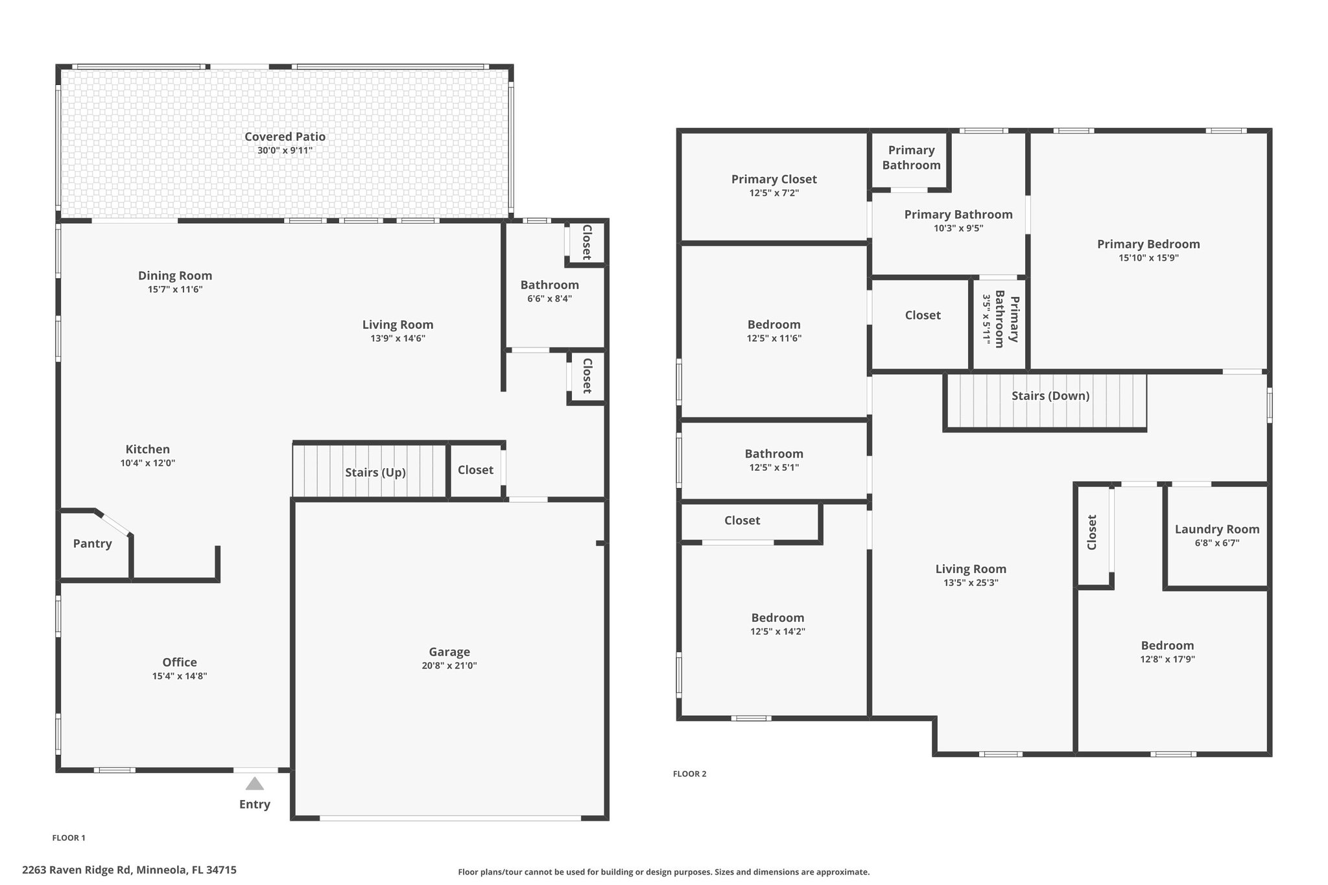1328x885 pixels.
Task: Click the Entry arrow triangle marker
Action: pyautogui.click(x=255, y=784)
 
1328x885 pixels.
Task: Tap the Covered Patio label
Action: pyautogui.click(x=285, y=137)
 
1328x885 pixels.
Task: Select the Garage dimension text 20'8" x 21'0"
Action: pyautogui.click(x=449, y=666)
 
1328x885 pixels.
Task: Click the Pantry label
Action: pyautogui.click(x=93, y=544)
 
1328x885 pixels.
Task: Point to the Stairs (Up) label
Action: pyautogui.click(x=375, y=473)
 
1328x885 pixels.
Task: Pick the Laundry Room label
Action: pyautogui.click(x=1217, y=530)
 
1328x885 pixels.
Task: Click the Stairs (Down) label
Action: pyautogui.click(x=1050, y=395)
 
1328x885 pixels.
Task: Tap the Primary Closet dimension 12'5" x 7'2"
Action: pyautogui.click(x=774, y=193)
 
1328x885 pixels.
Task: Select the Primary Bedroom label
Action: pyautogui.click(x=1148, y=244)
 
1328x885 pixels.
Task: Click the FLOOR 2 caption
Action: pyautogui.click(x=690, y=773)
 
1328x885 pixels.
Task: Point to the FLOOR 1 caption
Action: pyautogui.click(x=69, y=838)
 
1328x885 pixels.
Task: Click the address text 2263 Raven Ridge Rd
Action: pyautogui.click(x=77, y=870)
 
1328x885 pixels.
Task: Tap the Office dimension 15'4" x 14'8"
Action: pyautogui.click(x=180, y=676)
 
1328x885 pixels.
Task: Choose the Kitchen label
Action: pyautogui.click(x=148, y=449)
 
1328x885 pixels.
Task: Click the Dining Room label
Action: pyautogui.click(x=175, y=276)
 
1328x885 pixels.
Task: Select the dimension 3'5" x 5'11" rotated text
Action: pyautogui.click(x=987, y=318)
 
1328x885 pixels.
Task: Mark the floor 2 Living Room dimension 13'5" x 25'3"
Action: pyautogui.click(x=971, y=583)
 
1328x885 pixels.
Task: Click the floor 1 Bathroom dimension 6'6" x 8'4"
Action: pyautogui.click(x=550, y=299)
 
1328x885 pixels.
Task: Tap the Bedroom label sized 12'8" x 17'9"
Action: pyautogui.click(x=1168, y=646)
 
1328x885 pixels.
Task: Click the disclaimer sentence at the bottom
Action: pyautogui.click(x=664, y=872)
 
